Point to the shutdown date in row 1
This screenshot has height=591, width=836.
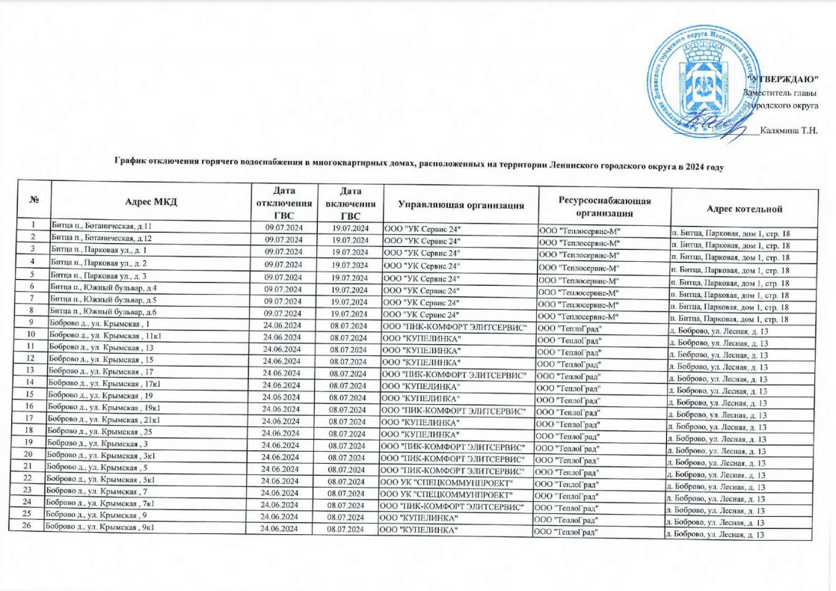click(x=283, y=227)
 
